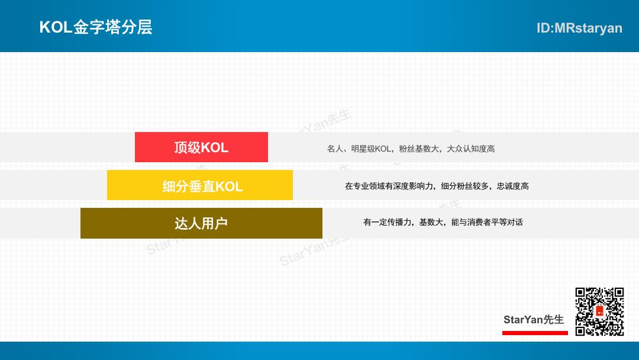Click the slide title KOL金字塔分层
[96, 27]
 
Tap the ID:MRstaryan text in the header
[579, 28]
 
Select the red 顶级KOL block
[201, 147]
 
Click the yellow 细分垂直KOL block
[200, 185]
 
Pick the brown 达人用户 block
[201, 223]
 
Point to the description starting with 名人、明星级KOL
[411, 149]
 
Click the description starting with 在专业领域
[437, 186]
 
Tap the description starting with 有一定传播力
[443, 222]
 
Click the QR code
[599, 312]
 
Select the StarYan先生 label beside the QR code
[534, 320]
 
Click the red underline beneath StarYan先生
[535, 333]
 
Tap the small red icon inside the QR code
[599, 311]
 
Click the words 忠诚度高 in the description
[512, 186]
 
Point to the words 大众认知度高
[471, 149]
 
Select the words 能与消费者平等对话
[487, 222]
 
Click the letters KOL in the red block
[214, 147]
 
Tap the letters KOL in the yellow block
[228, 187]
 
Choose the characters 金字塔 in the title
[97, 27]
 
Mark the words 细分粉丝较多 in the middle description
[465, 186]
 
